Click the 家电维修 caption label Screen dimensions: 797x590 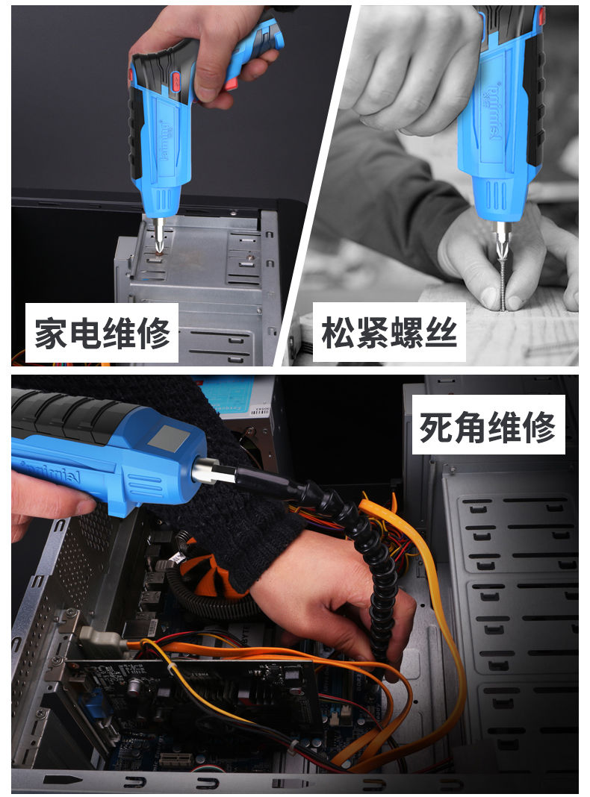coord(102,333)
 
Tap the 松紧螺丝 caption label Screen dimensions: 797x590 coord(388,333)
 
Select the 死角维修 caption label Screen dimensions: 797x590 coord(488,428)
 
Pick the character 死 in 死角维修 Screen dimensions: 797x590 coord(437,428)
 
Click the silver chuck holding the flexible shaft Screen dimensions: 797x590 coord(206,473)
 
